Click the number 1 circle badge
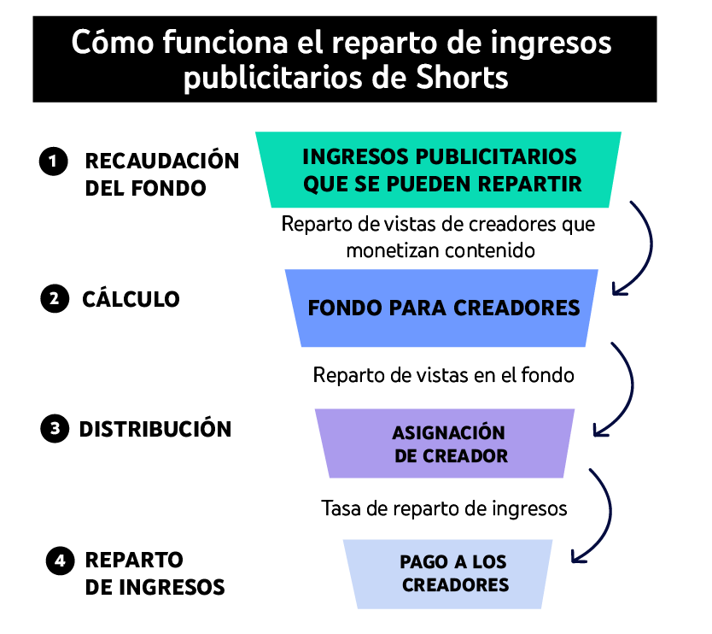[54, 161]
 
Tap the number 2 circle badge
[55, 298]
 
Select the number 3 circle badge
[55, 429]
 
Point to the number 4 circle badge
[60, 561]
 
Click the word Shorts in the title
[462, 77]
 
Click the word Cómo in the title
[113, 42]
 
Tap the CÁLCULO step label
[131, 299]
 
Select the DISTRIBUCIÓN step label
[155, 429]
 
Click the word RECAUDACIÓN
[162, 161]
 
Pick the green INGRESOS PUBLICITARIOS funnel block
[439, 169]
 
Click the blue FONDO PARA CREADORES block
[442, 308]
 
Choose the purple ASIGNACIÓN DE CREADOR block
[446, 443]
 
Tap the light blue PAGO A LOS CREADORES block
[448, 574]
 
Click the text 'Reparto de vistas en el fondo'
[444, 375]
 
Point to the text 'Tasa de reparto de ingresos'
[444, 508]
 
